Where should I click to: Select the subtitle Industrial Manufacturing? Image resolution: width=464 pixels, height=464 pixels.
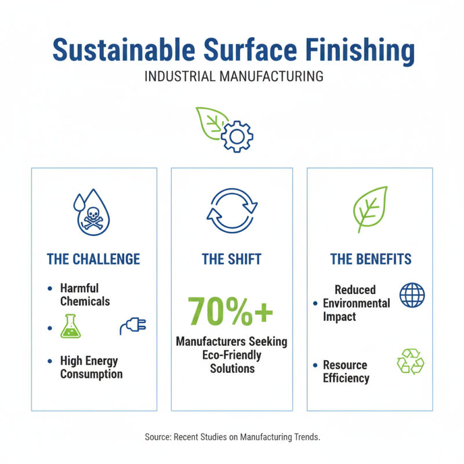232,77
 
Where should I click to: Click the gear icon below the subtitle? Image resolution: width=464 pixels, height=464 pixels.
237,137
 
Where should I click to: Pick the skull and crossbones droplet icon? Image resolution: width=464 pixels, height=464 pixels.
93,214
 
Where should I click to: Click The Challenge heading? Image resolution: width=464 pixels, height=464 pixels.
93,259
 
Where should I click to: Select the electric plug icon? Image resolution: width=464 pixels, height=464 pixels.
133,326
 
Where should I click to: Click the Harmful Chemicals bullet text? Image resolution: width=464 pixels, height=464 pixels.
85,295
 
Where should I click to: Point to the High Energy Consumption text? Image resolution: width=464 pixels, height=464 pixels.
91,367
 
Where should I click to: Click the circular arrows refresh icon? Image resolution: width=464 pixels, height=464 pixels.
232,213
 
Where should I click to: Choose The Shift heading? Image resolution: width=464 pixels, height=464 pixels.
232,259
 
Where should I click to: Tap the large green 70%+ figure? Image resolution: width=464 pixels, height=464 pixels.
230,311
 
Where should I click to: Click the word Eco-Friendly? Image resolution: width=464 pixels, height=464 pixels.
232,355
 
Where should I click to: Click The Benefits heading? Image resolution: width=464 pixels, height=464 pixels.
370,259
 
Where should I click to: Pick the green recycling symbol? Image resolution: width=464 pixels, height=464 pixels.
411,362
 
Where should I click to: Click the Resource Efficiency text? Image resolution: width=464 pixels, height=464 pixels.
346,372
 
